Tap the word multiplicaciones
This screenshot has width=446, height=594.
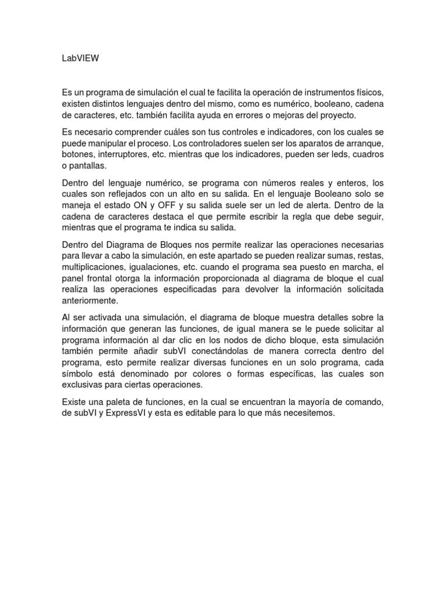click(94, 267)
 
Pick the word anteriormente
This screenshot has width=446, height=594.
click(89, 301)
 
